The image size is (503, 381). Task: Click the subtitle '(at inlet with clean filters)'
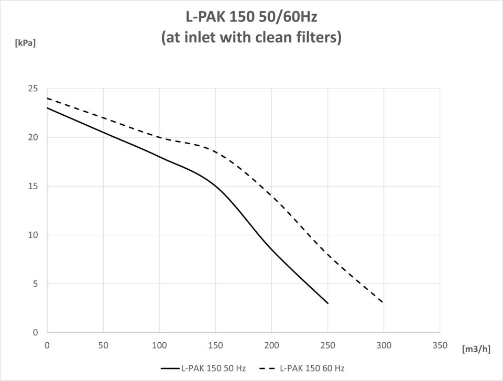point(251,38)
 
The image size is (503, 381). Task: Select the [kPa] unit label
point(25,43)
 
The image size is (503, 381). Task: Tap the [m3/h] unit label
point(476,349)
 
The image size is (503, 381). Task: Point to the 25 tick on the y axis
point(32,89)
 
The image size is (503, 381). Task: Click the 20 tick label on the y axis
point(32,137)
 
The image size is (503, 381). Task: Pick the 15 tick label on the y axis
point(32,186)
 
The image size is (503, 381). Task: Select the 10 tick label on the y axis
point(32,235)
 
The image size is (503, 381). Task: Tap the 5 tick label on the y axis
point(35,284)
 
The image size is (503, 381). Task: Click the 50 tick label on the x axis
point(103,345)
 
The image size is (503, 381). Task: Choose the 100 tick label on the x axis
point(159,345)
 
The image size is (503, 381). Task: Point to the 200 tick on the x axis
point(271,345)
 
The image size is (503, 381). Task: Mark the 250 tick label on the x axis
point(327,345)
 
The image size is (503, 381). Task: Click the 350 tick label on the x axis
point(440,345)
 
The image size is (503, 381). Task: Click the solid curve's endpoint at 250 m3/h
point(327,303)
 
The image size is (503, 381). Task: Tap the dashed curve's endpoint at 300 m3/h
point(384,302)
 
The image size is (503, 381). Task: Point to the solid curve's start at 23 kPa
point(48,108)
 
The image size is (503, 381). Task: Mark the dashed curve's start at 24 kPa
point(48,99)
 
